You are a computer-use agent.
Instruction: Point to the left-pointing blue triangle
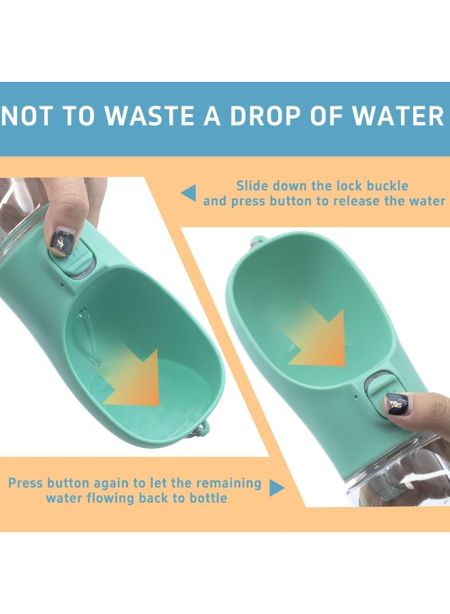[x=189, y=193]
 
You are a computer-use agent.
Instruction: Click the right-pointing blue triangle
[x=276, y=488]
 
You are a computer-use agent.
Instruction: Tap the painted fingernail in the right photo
[x=396, y=403]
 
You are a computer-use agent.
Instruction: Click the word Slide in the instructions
[x=252, y=186]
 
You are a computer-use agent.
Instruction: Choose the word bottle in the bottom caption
[x=206, y=498]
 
